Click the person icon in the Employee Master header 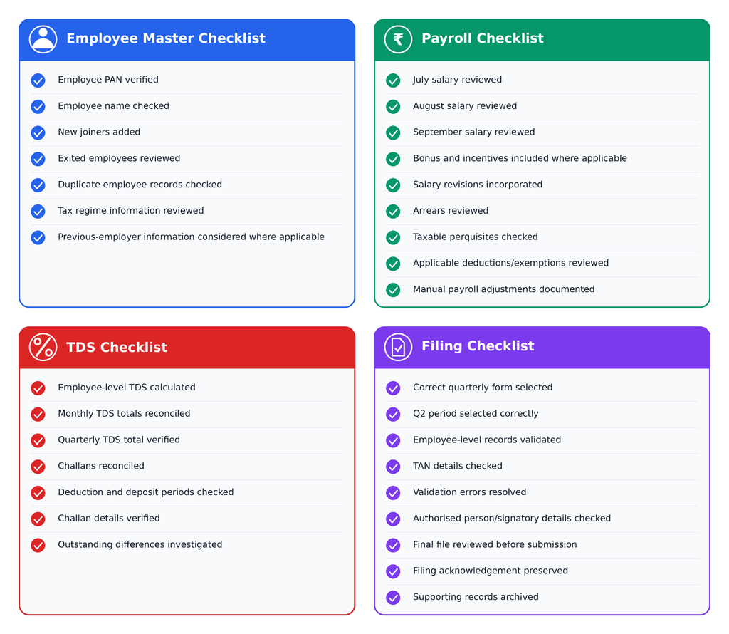click(x=43, y=39)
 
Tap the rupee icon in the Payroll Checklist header click(x=398, y=39)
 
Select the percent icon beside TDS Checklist click(x=43, y=347)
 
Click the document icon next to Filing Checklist click(x=398, y=347)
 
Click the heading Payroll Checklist click(x=482, y=38)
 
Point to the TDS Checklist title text click(x=117, y=347)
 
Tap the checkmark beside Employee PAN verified click(x=38, y=80)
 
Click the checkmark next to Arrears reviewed click(x=393, y=211)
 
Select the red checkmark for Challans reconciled click(x=38, y=467)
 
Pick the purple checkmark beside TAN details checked click(x=393, y=467)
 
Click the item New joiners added click(x=99, y=132)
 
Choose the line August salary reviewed click(x=465, y=106)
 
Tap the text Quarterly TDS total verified click(x=119, y=440)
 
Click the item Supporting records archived click(x=476, y=597)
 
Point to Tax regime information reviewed click(x=131, y=211)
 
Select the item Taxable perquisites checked click(x=475, y=237)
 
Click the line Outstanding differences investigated click(x=140, y=544)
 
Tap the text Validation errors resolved click(x=470, y=492)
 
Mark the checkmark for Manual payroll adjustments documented click(x=393, y=290)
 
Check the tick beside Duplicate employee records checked click(x=38, y=185)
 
